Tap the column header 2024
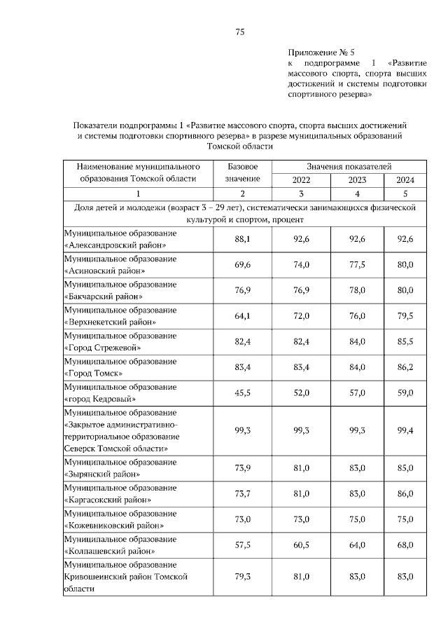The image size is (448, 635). [x=405, y=179]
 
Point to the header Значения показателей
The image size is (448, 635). [x=349, y=166]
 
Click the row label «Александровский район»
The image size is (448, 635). [x=115, y=245]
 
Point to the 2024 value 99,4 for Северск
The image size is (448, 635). [x=405, y=430]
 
